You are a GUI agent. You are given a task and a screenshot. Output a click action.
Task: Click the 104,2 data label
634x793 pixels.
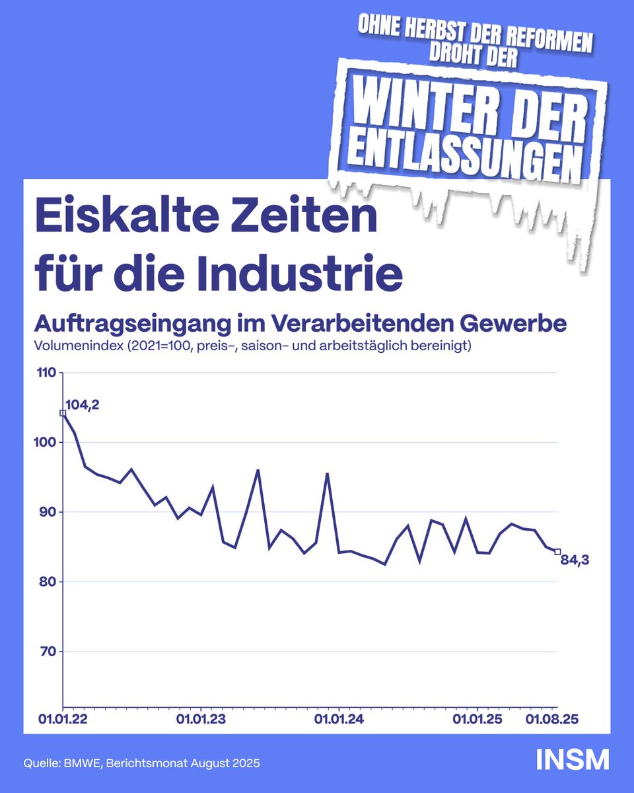pos(83,404)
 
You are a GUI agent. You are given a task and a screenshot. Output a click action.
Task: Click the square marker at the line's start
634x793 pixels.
pos(63,413)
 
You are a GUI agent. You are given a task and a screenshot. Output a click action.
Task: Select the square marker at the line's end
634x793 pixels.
pos(558,552)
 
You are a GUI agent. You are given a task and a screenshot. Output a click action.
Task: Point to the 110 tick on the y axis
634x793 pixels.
pos(47,373)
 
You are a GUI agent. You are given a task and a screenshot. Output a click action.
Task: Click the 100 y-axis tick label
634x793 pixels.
pos(47,443)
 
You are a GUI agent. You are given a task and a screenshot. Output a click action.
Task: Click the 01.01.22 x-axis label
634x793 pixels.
pos(63,718)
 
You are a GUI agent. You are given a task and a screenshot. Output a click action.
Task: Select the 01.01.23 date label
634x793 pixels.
pos(201,718)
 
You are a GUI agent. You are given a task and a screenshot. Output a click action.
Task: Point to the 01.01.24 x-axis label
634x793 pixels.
pos(339,718)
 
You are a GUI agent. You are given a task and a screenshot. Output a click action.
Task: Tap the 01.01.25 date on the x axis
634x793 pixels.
pos(477,718)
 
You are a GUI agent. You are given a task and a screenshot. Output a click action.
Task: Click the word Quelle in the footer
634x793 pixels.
pos(41,763)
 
